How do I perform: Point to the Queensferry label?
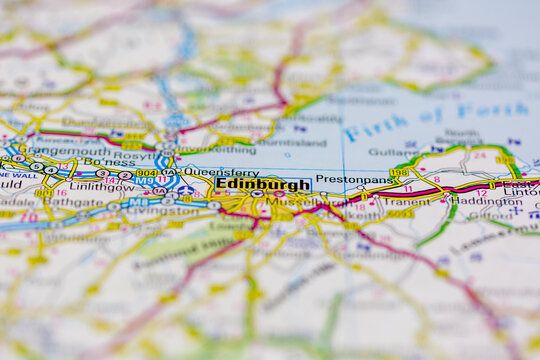point(206,171)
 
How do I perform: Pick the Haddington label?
point(490,200)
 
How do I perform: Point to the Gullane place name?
point(392,152)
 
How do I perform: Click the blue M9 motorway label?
point(145,181)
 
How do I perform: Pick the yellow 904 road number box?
point(146,172)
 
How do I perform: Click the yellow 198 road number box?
point(399,172)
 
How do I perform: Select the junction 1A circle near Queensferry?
point(168,172)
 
